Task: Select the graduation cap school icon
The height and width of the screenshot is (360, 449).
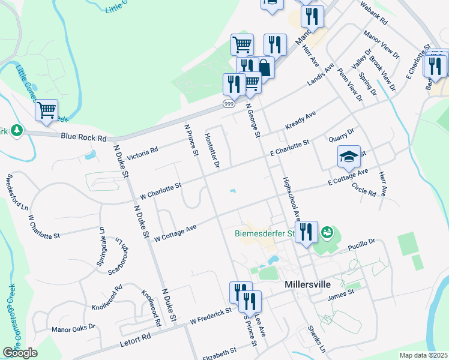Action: [x=349, y=157]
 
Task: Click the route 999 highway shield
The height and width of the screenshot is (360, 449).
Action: [x=229, y=104]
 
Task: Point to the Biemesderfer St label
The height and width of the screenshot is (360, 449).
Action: [x=265, y=232]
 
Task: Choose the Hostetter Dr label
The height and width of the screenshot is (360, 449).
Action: [x=212, y=150]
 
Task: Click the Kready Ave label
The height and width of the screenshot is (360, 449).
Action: [x=301, y=117]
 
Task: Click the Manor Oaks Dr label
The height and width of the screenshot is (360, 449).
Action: [x=73, y=329]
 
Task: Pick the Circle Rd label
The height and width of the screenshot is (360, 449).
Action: [x=364, y=190]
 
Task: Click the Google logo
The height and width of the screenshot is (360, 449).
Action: [x=20, y=353]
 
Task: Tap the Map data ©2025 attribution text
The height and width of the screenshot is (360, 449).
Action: [x=423, y=355]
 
